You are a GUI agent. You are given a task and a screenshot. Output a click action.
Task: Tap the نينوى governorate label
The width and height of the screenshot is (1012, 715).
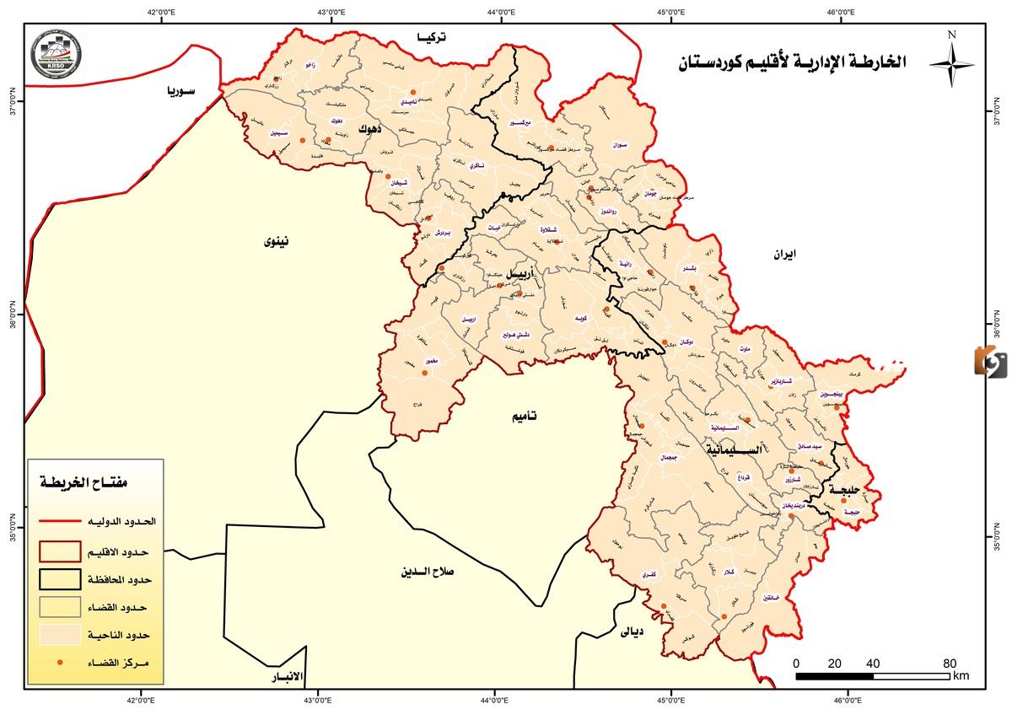276,242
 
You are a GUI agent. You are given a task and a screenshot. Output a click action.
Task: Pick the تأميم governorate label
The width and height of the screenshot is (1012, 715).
524,417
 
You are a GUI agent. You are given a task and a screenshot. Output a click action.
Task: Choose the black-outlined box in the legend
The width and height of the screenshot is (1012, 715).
66,580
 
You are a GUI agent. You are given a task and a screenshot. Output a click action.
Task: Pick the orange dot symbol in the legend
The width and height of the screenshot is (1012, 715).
60,664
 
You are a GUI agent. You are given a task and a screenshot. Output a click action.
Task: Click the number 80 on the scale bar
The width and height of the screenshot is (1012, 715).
950,662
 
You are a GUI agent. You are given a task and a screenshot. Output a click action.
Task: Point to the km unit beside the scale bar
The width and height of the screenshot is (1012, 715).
961,676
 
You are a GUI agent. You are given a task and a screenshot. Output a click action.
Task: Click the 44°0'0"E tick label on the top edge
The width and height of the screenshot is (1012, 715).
501,12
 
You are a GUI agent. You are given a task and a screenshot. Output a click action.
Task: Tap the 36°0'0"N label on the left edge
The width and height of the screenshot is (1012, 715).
12,322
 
